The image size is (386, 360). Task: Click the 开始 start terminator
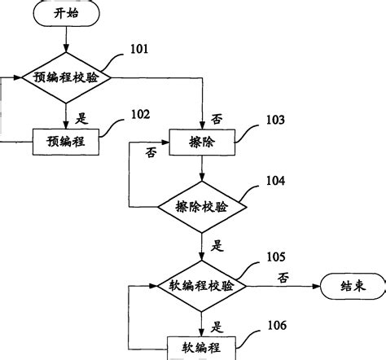pyautogui.click(x=66, y=14)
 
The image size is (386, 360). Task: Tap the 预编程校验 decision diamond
pyautogui.click(x=66, y=78)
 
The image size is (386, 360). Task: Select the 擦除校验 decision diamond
pyautogui.click(x=200, y=207)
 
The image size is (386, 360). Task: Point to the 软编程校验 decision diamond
pyautogui.click(x=200, y=286)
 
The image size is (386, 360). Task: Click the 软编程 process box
pyautogui.click(x=200, y=347)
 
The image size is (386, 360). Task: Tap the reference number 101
pyautogui.click(x=140, y=50)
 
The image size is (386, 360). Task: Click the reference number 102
pyautogui.click(x=140, y=115)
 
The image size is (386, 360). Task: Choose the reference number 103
pyautogui.click(x=274, y=120)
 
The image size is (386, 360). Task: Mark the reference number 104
pyautogui.click(x=274, y=181)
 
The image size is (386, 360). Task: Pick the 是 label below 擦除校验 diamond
pyautogui.click(x=216, y=244)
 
